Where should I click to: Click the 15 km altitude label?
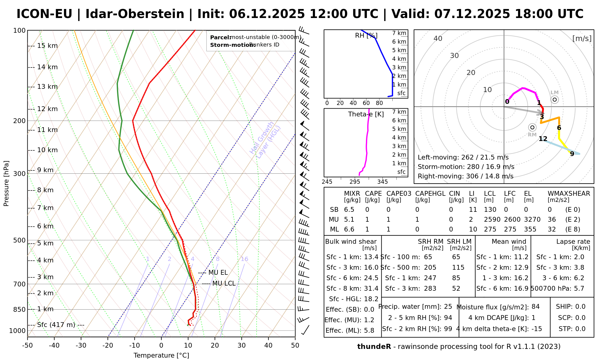[x=47, y=46]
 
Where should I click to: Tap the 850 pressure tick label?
[x=19, y=309]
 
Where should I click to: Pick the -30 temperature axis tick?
[x=81, y=346]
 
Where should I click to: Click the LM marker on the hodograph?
[x=555, y=100]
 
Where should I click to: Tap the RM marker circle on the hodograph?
[x=532, y=127]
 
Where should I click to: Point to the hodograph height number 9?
[x=572, y=154]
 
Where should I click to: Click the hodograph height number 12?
[x=543, y=139]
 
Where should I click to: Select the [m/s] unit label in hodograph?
[x=582, y=38]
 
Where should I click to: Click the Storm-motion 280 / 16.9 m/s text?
[x=466, y=167]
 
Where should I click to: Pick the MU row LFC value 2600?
[x=510, y=220]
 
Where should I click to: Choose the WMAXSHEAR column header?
[x=569, y=193]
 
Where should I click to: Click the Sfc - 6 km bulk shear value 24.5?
[x=371, y=278]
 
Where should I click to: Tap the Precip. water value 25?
[x=448, y=307]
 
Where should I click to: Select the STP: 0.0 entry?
[x=572, y=329]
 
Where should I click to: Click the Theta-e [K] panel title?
[x=366, y=114]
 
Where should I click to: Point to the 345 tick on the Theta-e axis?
[x=382, y=182]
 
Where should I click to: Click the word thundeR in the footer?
[x=374, y=347]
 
